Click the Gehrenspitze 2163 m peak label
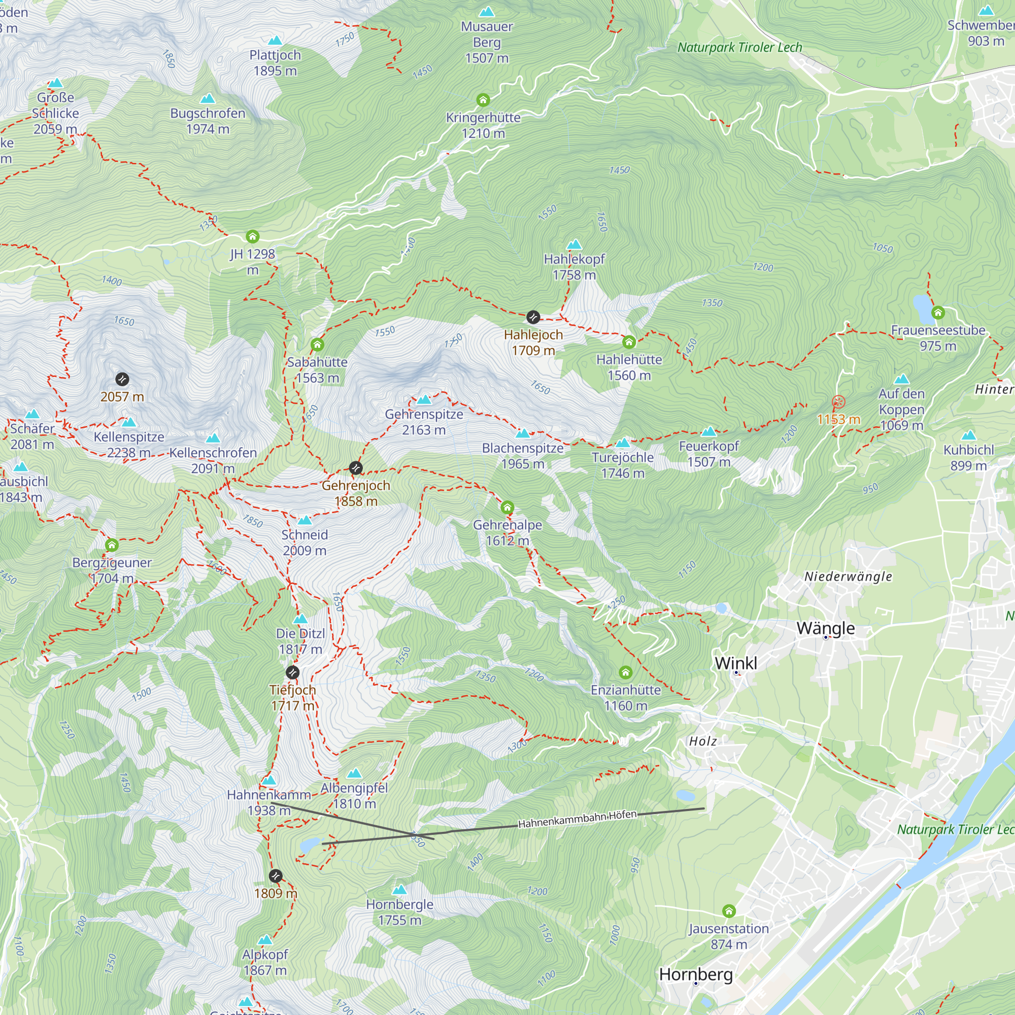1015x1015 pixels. (424, 422)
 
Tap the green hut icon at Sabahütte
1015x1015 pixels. (317, 345)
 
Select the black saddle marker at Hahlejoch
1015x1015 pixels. (533, 317)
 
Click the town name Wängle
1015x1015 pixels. (825, 628)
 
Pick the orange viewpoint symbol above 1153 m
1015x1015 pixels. (838, 402)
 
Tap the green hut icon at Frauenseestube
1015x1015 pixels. (938, 313)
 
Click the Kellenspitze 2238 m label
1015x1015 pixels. (129, 445)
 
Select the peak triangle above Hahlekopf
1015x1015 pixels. (574, 245)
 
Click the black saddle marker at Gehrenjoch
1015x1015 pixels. (356, 467)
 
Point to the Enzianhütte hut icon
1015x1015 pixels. (625, 672)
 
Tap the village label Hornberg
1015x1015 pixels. (696, 974)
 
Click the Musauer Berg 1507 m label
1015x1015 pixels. (487, 42)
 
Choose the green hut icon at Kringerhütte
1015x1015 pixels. (483, 100)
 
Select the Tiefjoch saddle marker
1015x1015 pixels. (293, 672)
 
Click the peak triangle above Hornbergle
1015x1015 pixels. (400, 890)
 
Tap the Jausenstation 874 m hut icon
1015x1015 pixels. (729, 910)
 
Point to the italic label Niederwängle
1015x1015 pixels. (848, 577)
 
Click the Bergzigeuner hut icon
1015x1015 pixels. (111, 546)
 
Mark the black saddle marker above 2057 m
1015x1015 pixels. (122, 379)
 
